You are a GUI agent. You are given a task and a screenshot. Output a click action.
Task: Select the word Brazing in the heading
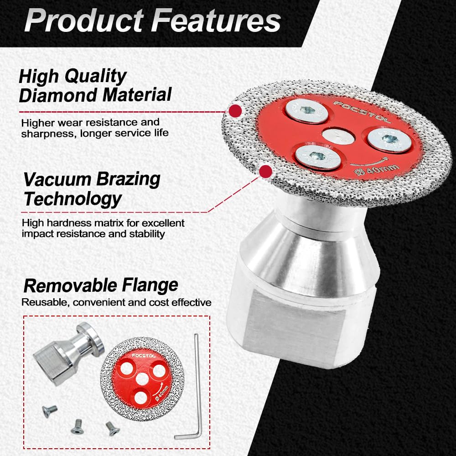128,179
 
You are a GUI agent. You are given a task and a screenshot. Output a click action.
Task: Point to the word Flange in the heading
150,285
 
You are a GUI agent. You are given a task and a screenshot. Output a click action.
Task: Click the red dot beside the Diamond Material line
235,111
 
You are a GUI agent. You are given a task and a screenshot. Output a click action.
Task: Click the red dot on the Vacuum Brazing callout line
265,171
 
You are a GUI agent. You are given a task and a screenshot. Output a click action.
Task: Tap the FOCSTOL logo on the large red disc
362,112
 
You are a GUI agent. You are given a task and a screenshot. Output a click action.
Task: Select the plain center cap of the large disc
338,137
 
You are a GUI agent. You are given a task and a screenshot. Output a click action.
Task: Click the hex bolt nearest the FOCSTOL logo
307,111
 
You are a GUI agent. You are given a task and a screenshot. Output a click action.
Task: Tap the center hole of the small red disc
142,378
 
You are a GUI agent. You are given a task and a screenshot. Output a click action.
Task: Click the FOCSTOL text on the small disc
144,355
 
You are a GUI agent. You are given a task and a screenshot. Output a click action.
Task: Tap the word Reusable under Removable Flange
45,303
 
